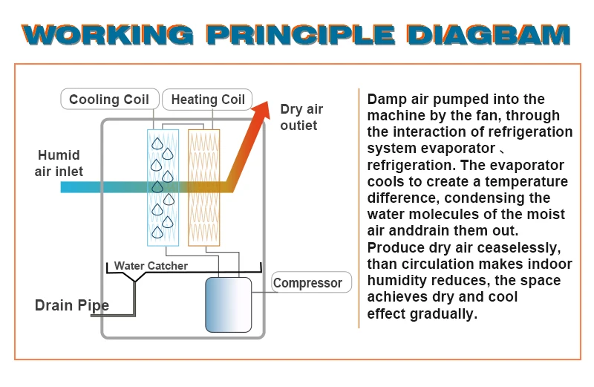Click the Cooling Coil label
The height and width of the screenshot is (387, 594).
(x=108, y=100)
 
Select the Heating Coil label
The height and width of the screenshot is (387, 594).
(x=208, y=100)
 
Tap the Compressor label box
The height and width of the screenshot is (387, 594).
(x=308, y=283)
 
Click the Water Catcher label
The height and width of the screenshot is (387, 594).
(x=151, y=266)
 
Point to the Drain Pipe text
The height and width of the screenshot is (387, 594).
(x=72, y=305)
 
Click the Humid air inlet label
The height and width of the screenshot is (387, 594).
(x=59, y=164)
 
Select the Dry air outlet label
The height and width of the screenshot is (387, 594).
(x=301, y=117)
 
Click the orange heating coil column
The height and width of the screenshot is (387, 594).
(x=203, y=186)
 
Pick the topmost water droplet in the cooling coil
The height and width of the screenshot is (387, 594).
(x=157, y=144)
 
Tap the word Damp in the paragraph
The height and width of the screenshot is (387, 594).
(x=386, y=99)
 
